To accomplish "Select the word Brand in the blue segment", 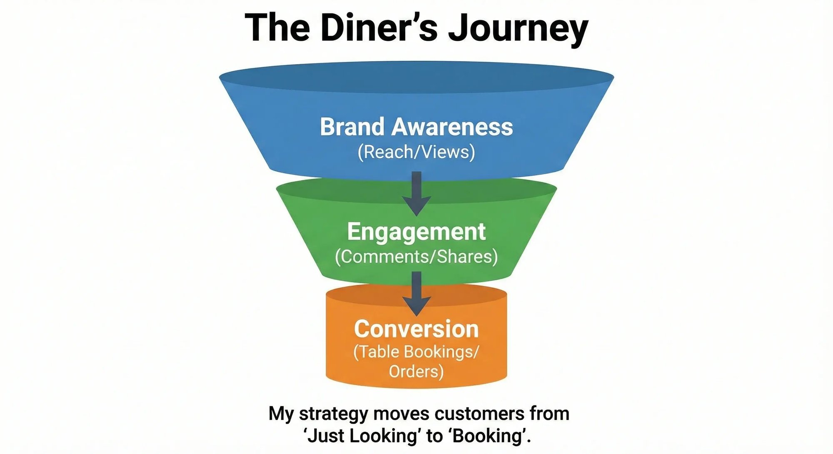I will point(352,127).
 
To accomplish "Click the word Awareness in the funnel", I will point(452,127).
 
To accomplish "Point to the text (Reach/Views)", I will point(416,152).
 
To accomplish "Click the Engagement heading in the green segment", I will point(416,232).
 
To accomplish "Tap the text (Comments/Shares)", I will point(416,257).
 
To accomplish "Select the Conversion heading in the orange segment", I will point(416,329).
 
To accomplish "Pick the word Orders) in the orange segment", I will point(416,371).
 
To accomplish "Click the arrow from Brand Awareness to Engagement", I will point(416,194).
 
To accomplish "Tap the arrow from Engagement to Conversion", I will point(416,294).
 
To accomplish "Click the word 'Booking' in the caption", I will point(489,436).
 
